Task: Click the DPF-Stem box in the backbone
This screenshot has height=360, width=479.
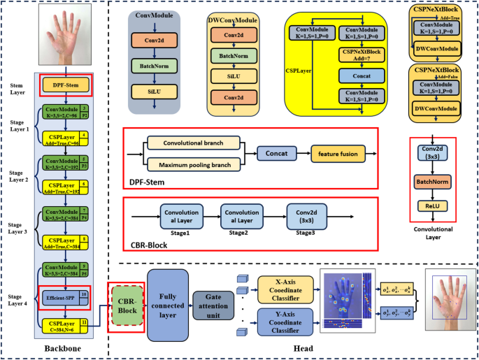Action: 64,85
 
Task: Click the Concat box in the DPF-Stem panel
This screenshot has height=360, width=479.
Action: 274,153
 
